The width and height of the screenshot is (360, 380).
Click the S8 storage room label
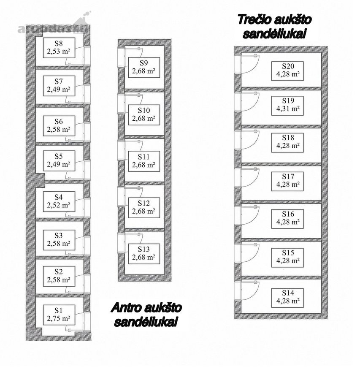(x=59, y=48)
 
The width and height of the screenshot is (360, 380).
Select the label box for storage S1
(x=59, y=315)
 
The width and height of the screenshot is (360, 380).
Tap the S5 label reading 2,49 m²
(x=59, y=161)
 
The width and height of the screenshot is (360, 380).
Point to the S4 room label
(x=59, y=201)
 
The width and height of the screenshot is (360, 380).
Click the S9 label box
(x=144, y=68)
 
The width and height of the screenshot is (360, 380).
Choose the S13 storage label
(x=144, y=253)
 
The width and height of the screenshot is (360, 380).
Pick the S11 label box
(x=144, y=161)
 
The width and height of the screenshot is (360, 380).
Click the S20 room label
(x=287, y=71)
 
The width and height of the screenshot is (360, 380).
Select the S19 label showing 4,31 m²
(x=287, y=106)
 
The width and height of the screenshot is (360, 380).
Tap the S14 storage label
(x=287, y=298)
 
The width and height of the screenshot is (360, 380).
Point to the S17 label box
(x=287, y=181)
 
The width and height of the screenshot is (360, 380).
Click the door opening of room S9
(x=121, y=57)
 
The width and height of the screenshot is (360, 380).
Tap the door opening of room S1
(x=87, y=322)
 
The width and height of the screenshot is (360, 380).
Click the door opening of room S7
(x=87, y=94)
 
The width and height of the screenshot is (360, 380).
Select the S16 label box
(x=287, y=219)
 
